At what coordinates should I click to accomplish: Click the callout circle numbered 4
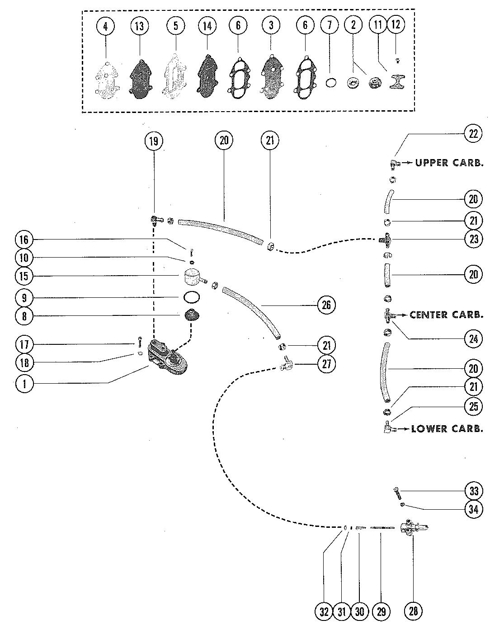click(105, 26)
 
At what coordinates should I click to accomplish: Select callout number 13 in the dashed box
click(139, 26)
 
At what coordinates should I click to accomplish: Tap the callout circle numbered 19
click(153, 141)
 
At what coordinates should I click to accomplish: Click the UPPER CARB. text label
click(449, 163)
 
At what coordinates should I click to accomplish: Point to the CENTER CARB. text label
click(446, 315)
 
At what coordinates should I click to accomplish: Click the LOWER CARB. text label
click(447, 428)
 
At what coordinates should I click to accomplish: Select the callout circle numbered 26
click(326, 305)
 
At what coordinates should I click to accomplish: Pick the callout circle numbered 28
click(413, 611)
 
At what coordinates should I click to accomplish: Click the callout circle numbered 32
click(324, 611)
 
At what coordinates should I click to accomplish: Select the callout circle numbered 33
click(473, 491)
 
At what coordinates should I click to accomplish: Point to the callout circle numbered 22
click(473, 134)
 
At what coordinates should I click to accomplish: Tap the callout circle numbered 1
click(24, 384)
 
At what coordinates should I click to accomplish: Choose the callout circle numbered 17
click(24, 344)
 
